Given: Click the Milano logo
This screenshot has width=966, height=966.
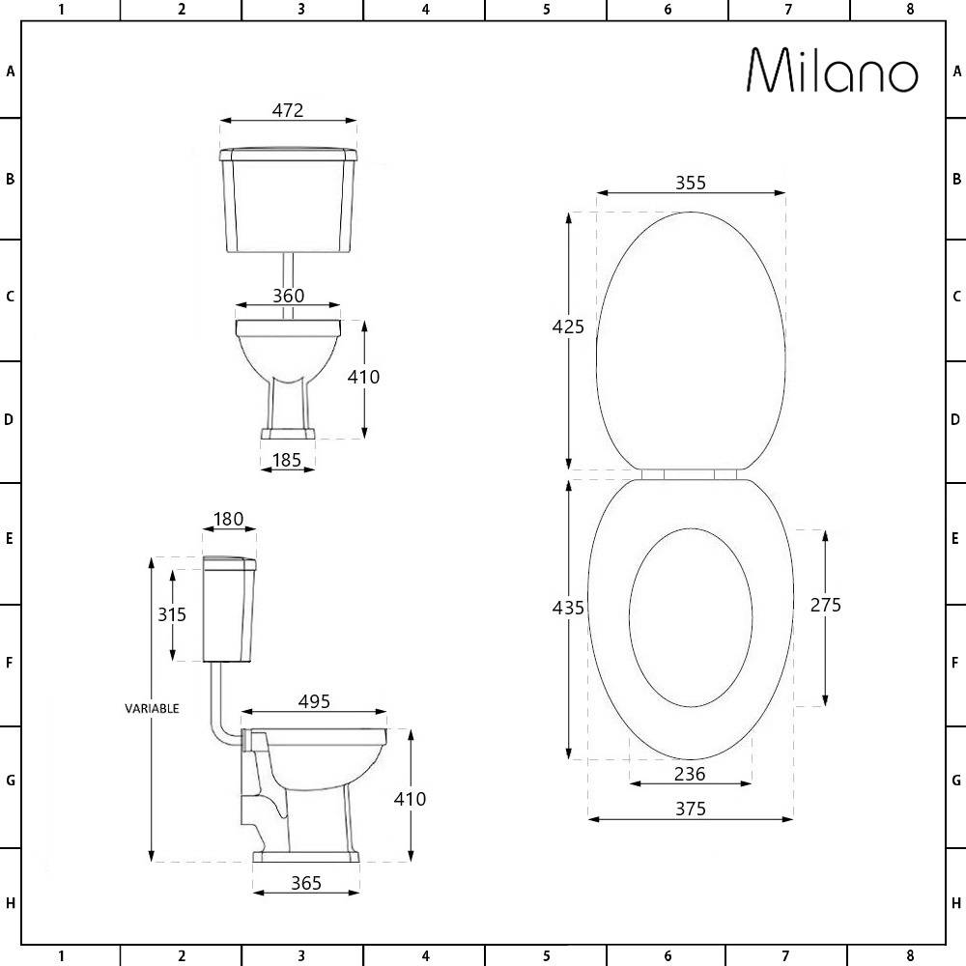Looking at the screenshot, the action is (833, 71).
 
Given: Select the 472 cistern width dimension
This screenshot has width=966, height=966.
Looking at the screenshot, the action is (288, 110).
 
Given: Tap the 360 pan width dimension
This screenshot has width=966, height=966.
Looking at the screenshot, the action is (288, 296).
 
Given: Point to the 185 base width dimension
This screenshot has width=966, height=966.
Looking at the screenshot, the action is (287, 460).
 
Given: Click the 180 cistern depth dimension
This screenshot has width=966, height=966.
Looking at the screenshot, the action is (229, 520).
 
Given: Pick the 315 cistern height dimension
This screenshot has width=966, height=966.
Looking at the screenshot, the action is (172, 614).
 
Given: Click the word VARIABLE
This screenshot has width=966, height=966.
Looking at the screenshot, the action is (153, 708).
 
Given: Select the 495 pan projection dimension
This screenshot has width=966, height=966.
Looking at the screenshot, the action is (314, 701).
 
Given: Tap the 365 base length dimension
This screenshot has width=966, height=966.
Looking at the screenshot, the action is (306, 884).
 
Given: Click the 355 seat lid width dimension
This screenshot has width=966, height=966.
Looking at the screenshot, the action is (691, 183).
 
